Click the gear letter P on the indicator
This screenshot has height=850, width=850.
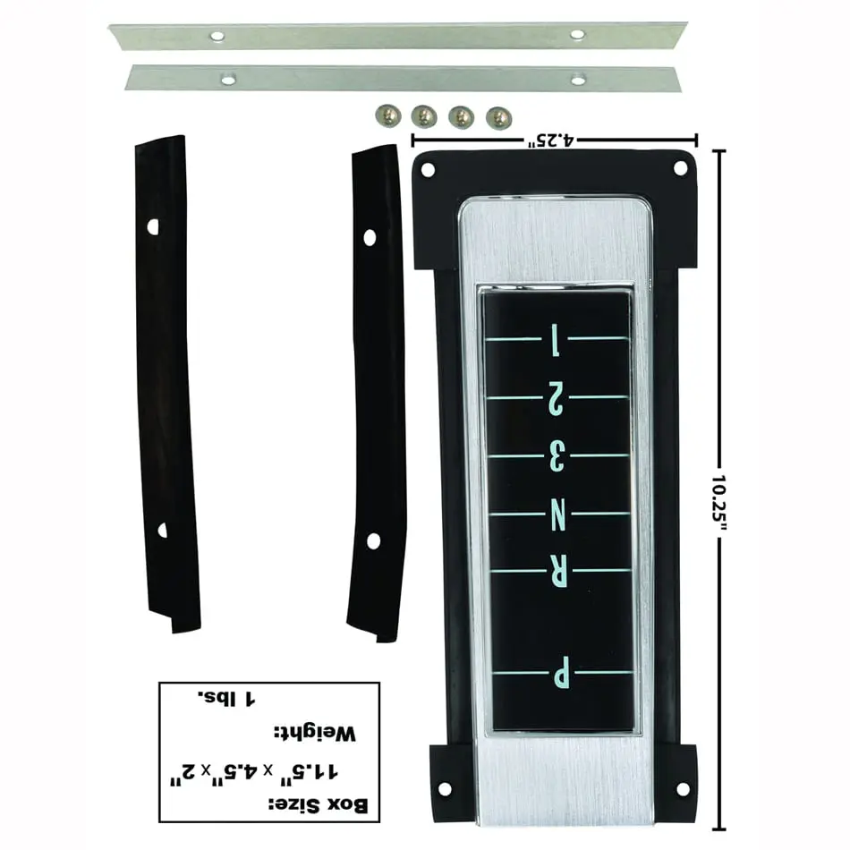click(x=561, y=672)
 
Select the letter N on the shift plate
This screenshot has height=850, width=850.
click(x=557, y=514)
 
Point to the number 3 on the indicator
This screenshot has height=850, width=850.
click(x=557, y=456)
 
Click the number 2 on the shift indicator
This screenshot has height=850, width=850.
click(x=557, y=398)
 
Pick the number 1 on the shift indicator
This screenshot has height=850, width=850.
click(x=555, y=340)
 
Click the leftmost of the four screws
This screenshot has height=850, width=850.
click(x=387, y=115)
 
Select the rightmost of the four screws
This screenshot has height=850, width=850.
click(x=498, y=117)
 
